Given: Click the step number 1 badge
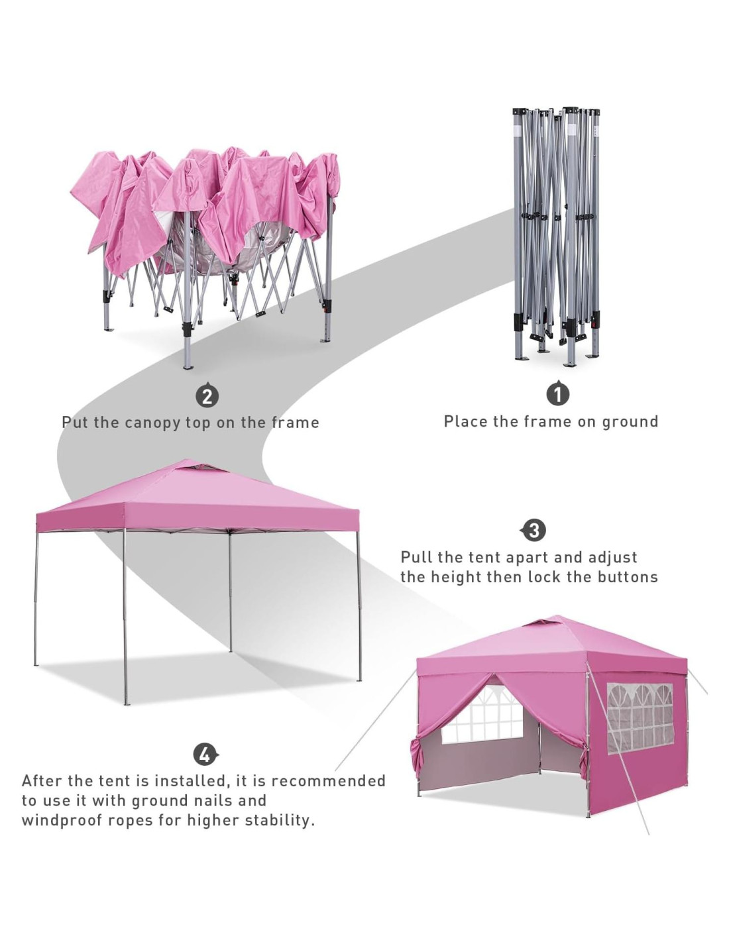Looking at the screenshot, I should (x=557, y=393).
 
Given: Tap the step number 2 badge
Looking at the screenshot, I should (x=207, y=395).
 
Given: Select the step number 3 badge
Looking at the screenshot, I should (x=533, y=530).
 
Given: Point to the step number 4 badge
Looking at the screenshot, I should (x=205, y=754).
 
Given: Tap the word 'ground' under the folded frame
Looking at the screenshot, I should (x=630, y=422).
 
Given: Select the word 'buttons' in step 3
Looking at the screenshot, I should (x=628, y=577).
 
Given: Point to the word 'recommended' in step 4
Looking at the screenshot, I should (x=329, y=781).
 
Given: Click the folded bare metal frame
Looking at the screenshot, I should (x=555, y=235).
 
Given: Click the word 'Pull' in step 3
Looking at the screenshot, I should (x=416, y=558).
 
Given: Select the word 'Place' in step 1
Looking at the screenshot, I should (x=465, y=422).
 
